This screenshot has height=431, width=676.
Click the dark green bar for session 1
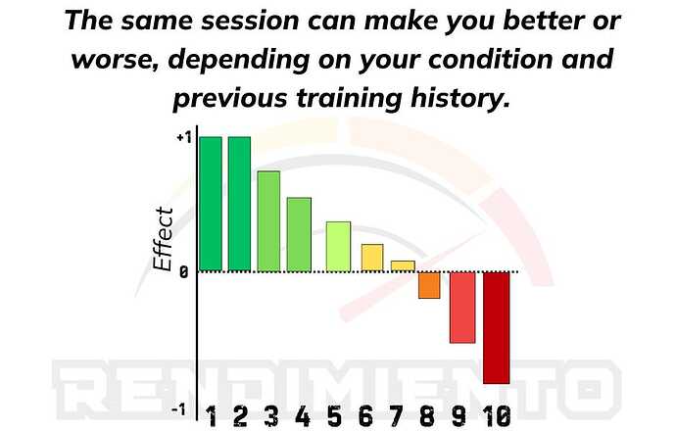point(211,204)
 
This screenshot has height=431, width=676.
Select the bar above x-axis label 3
point(268,221)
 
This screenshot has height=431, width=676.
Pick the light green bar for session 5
point(338,247)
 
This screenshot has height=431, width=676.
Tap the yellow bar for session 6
point(372,258)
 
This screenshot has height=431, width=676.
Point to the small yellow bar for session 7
point(403,265)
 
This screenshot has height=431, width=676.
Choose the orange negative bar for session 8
point(429,285)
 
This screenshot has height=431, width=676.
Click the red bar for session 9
point(462,308)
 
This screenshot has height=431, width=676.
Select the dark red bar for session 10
point(496,328)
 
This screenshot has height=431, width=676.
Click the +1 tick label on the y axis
point(183,138)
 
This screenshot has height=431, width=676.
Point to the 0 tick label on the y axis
point(184,272)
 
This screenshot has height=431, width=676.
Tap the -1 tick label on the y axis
point(179,409)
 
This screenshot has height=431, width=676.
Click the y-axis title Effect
point(164,239)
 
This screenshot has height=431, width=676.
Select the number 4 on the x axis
point(303,416)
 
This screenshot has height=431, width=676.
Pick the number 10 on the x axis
point(497,416)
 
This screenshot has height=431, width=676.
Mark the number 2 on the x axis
point(240,416)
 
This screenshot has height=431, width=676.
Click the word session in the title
point(250,22)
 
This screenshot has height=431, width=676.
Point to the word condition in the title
point(490,60)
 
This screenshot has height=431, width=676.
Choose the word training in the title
point(350,99)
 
